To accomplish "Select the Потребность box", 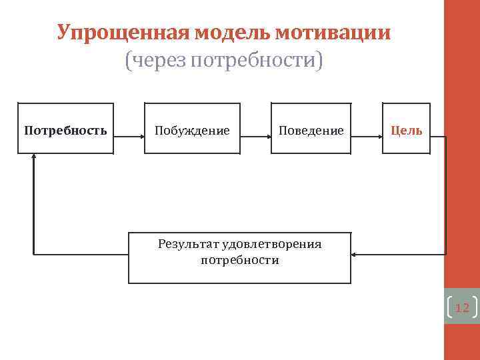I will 65,129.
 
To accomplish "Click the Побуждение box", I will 192,129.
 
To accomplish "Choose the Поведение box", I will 311,129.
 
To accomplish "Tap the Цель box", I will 406,129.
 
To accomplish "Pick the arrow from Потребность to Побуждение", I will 129,136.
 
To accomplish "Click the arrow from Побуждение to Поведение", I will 255,136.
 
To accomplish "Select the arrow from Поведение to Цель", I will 367,136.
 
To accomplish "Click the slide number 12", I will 461,307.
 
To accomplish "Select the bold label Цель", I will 406,130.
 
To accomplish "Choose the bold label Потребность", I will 65,130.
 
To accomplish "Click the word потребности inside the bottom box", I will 239,260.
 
